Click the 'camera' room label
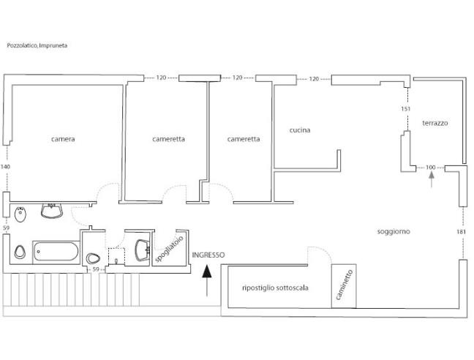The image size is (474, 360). tap(63, 138)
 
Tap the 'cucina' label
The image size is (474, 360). tap(299, 130)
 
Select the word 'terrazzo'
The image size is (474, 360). tap(434, 123)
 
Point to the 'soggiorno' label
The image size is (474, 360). tap(394, 231)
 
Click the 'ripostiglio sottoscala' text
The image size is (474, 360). tap(274, 288)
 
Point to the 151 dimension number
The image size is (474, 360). tap(406, 109)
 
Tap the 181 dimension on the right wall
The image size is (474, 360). tap(460, 233)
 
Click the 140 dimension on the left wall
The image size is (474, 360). tap(6, 167)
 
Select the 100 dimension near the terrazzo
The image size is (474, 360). tap(430, 168)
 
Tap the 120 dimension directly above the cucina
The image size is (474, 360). tap(314, 78)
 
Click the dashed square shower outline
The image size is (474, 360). tap(116, 257)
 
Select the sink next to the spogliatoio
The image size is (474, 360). tap(140, 251)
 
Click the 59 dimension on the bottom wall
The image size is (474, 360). tap(95, 270)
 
